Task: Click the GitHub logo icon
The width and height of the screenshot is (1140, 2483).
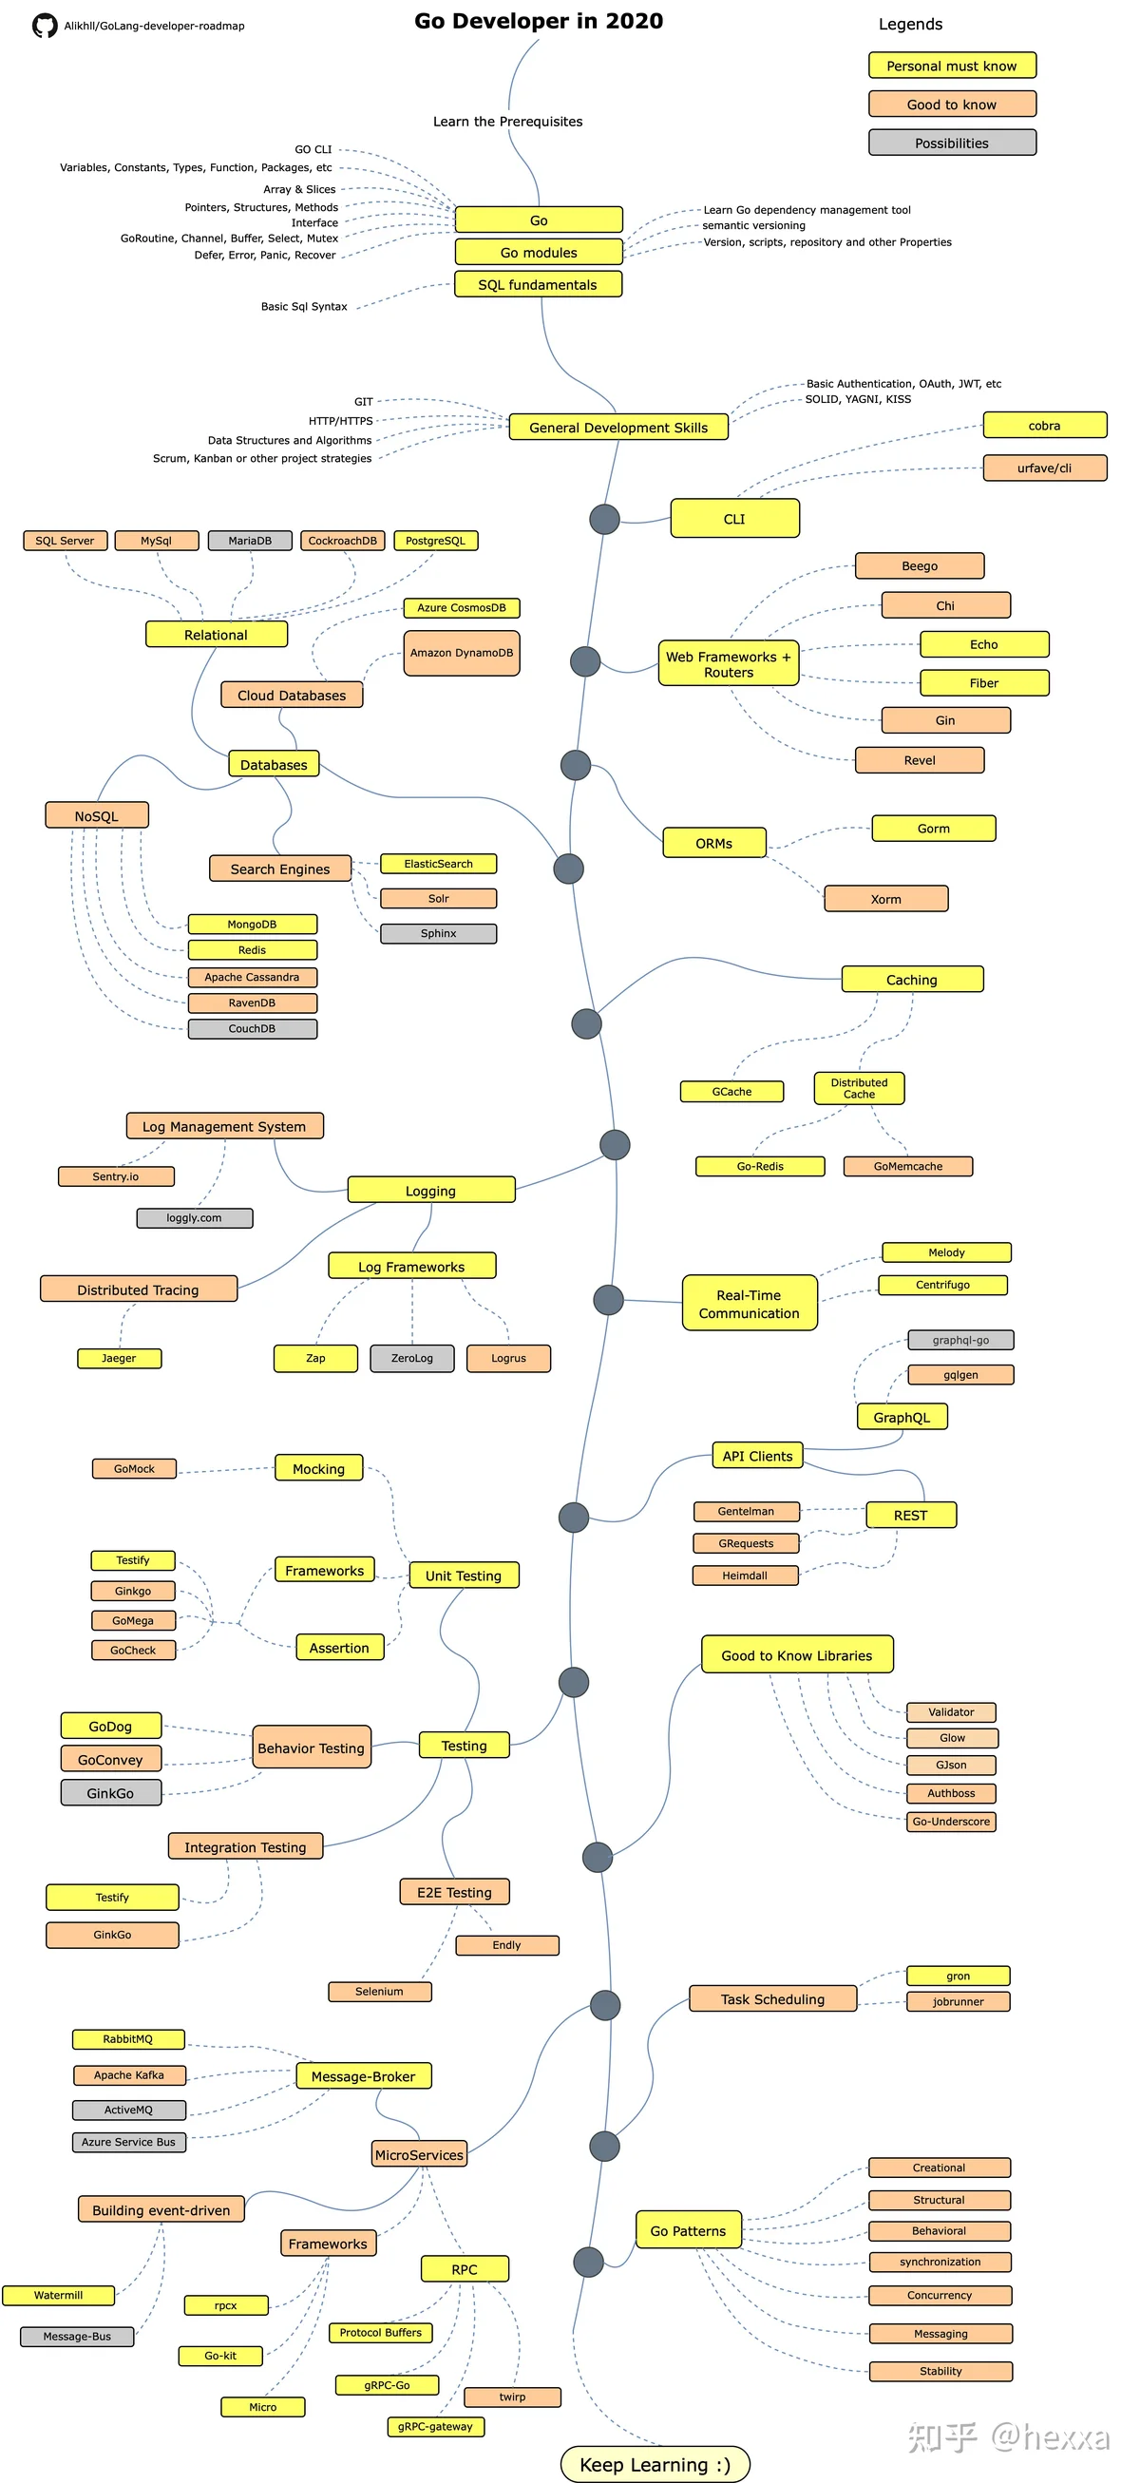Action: (x=45, y=26)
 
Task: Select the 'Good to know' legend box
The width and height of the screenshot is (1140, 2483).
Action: (x=952, y=105)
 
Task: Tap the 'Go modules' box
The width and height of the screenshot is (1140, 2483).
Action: (x=539, y=253)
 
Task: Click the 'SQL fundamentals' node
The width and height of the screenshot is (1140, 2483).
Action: (x=538, y=284)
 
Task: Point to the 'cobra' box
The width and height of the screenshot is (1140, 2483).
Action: (x=1045, y=425)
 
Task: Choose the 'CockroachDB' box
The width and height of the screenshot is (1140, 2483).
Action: (x=342, y=541)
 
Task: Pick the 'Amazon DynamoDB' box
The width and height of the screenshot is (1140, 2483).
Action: (x=462, y=653)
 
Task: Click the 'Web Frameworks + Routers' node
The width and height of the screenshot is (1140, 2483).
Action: (x=729, y=664)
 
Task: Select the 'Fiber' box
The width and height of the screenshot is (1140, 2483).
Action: (x=984, y=683)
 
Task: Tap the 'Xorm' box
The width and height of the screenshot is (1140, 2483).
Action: (x=886, y=899)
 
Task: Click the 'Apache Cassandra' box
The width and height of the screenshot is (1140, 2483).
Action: (x=253, y=978)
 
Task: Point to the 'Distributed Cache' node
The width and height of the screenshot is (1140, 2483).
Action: (x=860, y=1088)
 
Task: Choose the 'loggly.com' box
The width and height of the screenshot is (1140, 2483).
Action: (x=195, y=1218)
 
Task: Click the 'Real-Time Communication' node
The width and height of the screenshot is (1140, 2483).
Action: (x=750, y=1303)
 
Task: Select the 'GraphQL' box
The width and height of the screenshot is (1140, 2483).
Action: (x=902, y=1417)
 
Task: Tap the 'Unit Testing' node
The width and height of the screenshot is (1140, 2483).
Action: (x=464, y=1575)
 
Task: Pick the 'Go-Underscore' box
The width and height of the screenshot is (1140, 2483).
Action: (x=951, y=1822)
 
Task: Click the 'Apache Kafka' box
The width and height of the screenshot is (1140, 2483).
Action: (x=129, y=2075)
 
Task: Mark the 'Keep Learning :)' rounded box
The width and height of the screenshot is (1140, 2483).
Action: (x=655, y=2464)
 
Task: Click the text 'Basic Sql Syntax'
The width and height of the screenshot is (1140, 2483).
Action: (x=305, y=307)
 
